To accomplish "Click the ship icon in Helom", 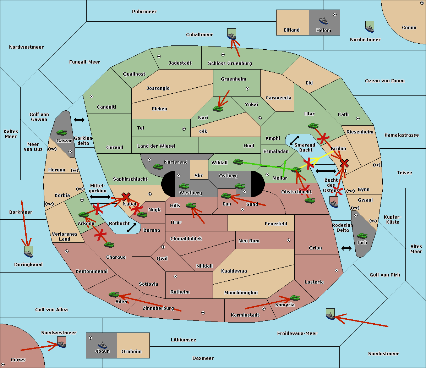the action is (323, 21).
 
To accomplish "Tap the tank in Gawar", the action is (62, 132).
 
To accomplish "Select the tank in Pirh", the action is (362, 236).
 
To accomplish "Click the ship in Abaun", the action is (103, 345).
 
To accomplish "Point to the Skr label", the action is (199, 175).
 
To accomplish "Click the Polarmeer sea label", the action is (144, 12).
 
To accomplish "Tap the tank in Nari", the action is (218, 109).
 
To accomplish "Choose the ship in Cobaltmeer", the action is (231, 34).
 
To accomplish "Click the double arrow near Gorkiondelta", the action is (79, 120).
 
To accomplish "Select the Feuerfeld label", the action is (276, 224).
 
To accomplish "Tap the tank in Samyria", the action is (295, 298).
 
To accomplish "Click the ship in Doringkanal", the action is (29, 252).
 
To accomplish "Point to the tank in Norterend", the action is (158, 166).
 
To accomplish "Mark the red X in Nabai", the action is (126, 197).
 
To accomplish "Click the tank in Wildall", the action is (238, 162).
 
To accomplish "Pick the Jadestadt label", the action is (180, 63).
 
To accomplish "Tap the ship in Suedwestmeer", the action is (62, 342).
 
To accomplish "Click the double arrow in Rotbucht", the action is (132, 227).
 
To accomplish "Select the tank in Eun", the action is (226, 196).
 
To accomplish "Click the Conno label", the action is (409, 27).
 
